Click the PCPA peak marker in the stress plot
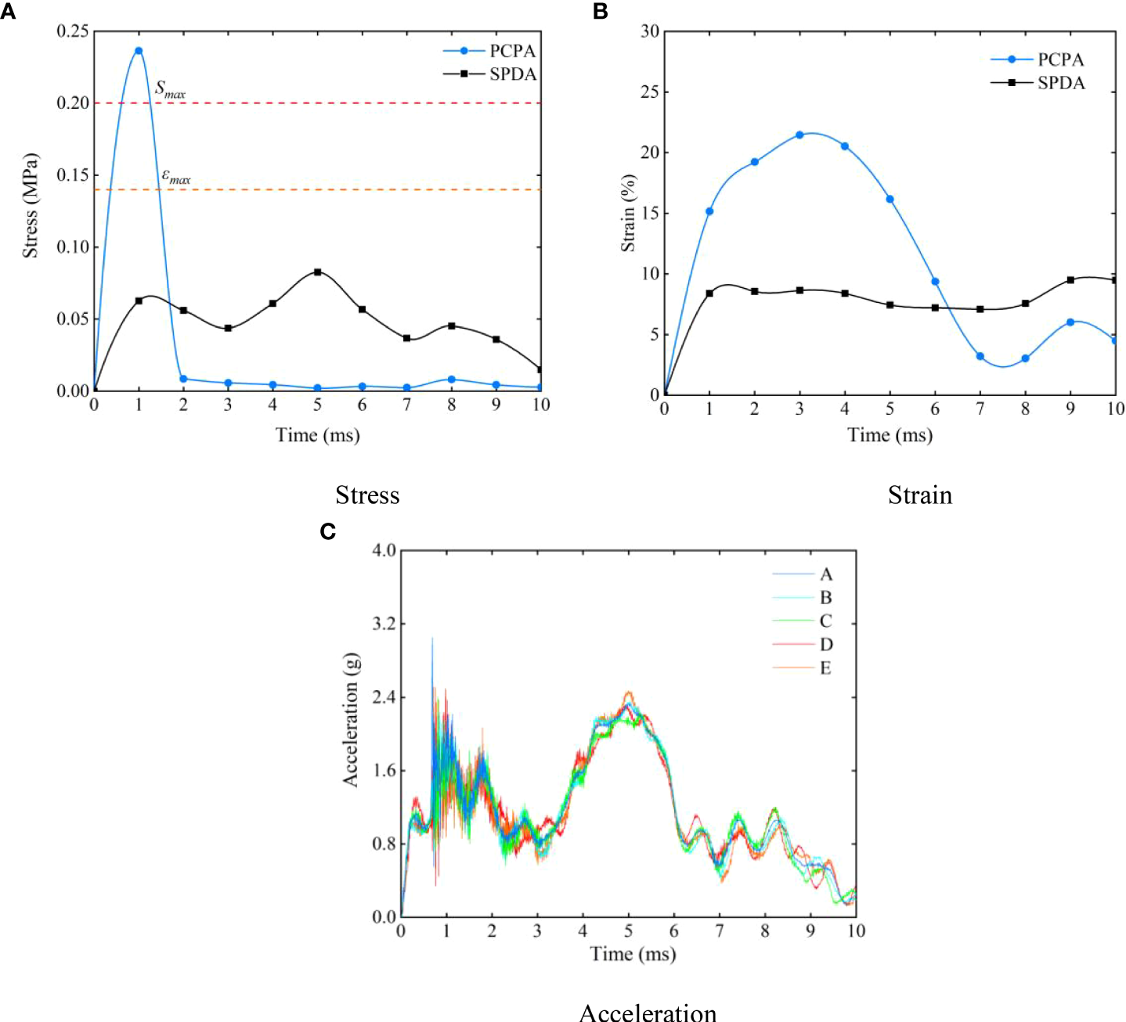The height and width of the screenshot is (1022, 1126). pyautogui.click(x=139, y=51)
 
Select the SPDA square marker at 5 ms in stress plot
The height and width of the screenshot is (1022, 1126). pyautogui.click(x=317, y=272)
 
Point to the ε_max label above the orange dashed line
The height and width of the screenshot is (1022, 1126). pyautogui.click(x=175, y=177)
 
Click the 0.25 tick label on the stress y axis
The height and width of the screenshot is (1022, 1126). pyautogui.click(x=72, y=31)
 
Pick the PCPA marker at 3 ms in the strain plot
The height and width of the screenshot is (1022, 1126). pyautogui.click(x=799, y=135)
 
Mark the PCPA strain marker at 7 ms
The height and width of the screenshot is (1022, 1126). pyautogui.click(x=980, y=356)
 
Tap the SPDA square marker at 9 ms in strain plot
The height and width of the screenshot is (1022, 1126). pyautogui.click(x=1070, y=279)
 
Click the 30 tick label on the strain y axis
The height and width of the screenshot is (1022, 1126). pyautogui.click(x=650, y=31)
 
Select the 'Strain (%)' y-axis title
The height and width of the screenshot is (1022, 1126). pyautogui.click(x=628, y=214)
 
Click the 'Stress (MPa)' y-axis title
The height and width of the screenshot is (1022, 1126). pyautogui.click(x=30, y=206)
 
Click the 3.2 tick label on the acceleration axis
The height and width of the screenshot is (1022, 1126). pyautogui.click(x=384, y=624)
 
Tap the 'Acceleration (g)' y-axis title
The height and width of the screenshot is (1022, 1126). pyautogui.click(x=350, y=719)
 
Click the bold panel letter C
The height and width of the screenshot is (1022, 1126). pyautogui.click(x=328, y=532)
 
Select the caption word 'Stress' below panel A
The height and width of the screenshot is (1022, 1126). pyautogui.click(x=367, y=495)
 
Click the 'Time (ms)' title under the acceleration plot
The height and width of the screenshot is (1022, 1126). pyautogui.click(x=633, y=954)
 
